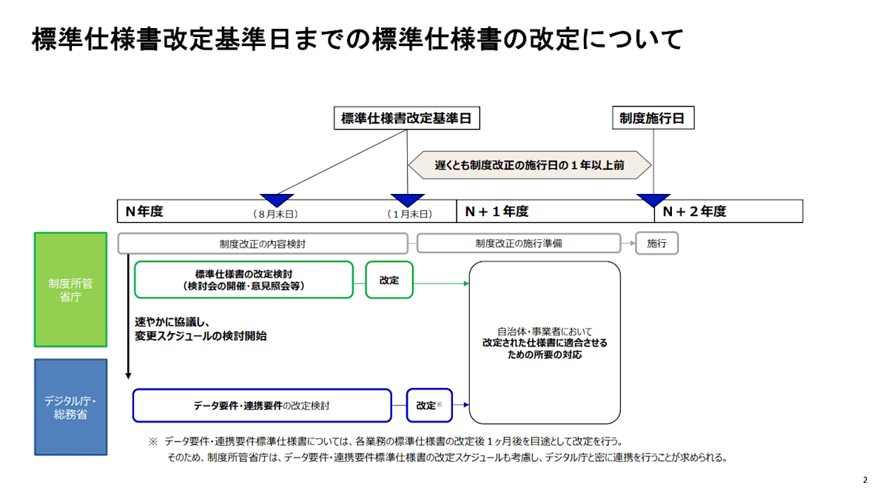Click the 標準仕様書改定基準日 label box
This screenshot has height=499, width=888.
pyautogui.click(x=406, y=118)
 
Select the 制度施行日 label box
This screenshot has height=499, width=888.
pyautogui.click(x=653, y=118)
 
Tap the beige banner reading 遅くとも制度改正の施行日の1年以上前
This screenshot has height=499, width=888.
pyautogui.click(x=529, y=165)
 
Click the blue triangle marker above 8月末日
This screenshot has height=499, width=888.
pyautogui.click(x=277, y=200)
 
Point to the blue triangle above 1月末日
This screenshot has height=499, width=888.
pyautogui.click(x=407, y=200)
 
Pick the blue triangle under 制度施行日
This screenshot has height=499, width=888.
pyautogui.click(x=653, y=200)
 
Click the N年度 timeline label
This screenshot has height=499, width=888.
pyautogui.click(x=144, y=212)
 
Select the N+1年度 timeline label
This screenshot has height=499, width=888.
pyautogui.click(x=497, y=212)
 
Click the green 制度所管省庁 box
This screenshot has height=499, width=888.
pyautogui.click(x=70, y=289)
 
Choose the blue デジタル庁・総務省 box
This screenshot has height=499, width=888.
pyautogui.click(x=70, y=406)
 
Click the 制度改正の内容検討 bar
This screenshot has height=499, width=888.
pyautogui.click(x=262, y=244)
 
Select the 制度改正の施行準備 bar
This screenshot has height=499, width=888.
pyautogui.click(x=518, y=244)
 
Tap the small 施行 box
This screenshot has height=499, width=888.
pyautogui.click(x=656, y=244)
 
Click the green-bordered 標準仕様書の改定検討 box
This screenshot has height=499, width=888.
pyautogui.click(x=243, y=280)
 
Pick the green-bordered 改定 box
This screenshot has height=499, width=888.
pyautogui.click(x=388, y=280)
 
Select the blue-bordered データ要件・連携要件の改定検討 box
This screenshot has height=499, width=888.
pyautogui.click(x=262, y=406)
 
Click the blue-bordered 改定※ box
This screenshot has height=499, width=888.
pyautogui.click(x=429, y=406)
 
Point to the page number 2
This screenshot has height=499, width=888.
pyautogui.click(x=865, y=480)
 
